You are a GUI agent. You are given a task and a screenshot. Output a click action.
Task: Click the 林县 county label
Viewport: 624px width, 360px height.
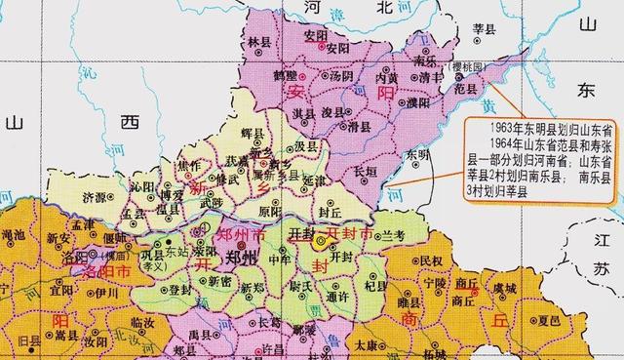pos(259,43)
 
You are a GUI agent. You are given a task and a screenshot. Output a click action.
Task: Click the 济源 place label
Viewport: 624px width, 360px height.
pos(96,195)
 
